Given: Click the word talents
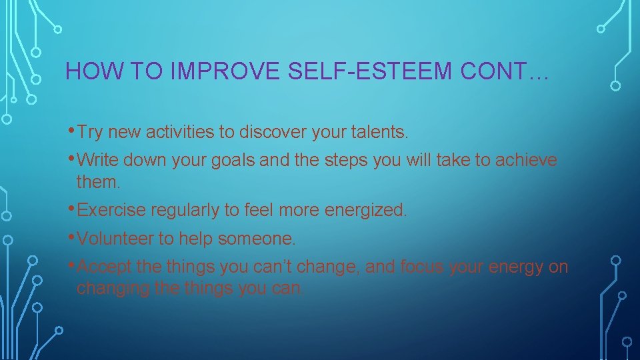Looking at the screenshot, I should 379,132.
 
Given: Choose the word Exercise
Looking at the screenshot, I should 111,210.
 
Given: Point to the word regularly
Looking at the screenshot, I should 185,211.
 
